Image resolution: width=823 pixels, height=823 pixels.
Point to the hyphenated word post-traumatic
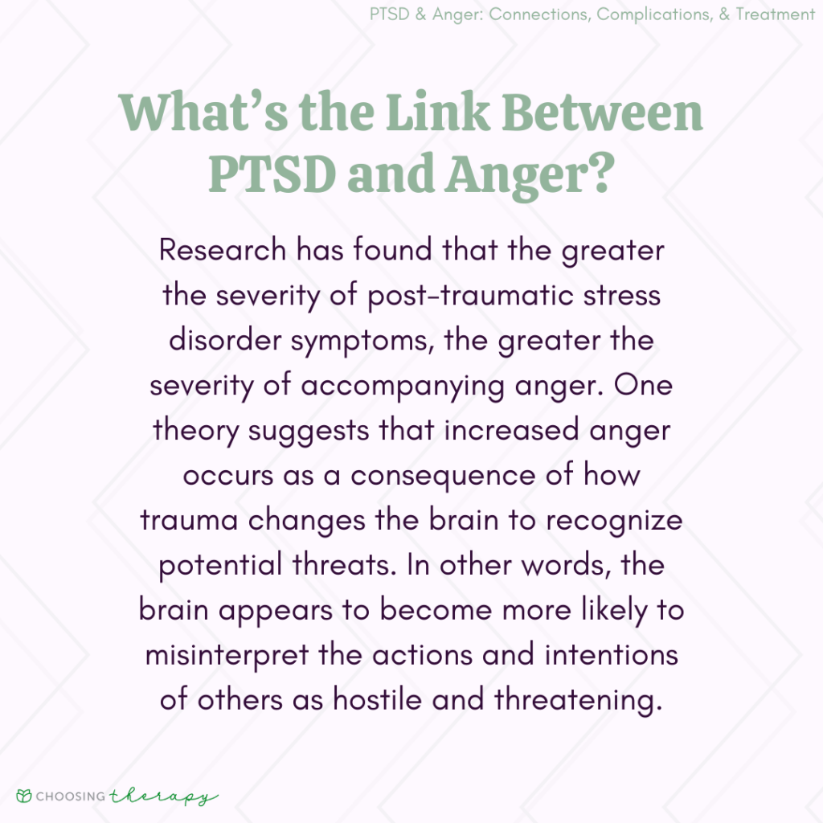pyautogui.click(x=473, y=295)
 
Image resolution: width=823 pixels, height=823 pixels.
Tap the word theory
pyautogui.click(x=196, y=430)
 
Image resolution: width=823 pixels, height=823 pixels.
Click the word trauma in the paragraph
pyautogui.click(x=190, y=520)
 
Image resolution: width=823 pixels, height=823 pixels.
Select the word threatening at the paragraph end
pyautogui.click(x=578, y=700)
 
